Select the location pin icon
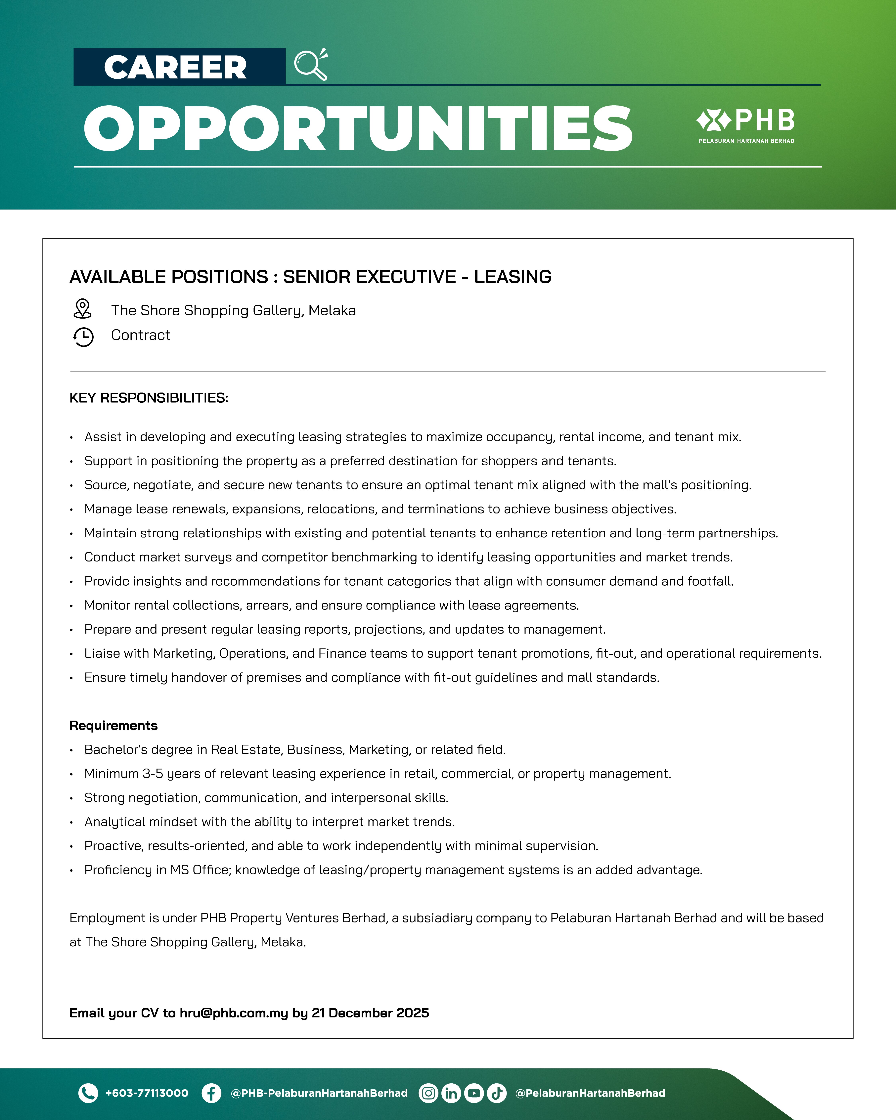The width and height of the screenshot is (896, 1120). tap(82, 309)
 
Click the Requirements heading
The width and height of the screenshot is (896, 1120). tap(113, 726)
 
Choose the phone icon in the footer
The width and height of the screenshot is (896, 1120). tap(88, 1093)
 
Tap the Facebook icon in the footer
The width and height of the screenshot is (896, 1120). tap(211, 1093)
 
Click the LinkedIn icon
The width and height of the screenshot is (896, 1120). tap(451, 1093)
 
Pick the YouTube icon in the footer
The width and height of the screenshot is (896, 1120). tap(474, 1093)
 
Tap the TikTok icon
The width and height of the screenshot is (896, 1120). tap(497, 1093)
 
